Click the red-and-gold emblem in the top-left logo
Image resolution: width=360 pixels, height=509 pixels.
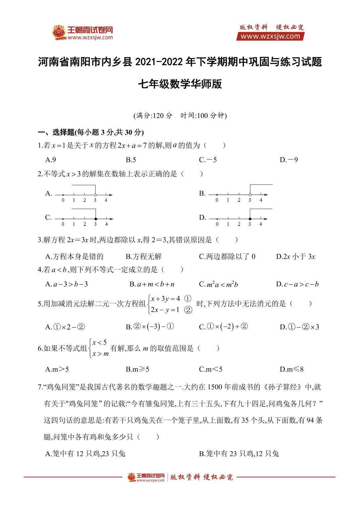tap(59, 32)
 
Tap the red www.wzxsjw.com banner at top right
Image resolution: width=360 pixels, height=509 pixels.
tap(270, 36)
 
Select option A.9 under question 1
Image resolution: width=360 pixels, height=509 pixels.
tap(51, 160)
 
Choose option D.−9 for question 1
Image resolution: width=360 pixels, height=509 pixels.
tap(289, 160)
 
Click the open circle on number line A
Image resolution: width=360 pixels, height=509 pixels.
tap(95, 195)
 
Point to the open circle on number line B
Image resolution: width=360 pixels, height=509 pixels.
tap(250, 195)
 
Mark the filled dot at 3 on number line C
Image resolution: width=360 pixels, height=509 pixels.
tap(96, 219)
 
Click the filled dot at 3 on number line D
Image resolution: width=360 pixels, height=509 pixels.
tap(250, 219)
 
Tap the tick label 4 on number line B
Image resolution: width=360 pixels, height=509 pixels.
tap(261, 200)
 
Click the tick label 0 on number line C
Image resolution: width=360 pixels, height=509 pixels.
tap(63, 224)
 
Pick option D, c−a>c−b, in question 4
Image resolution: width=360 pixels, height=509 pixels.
tap(297, 284)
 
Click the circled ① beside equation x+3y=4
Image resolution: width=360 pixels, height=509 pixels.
tap(188, 298)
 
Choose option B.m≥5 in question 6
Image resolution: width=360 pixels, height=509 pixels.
tap(137, 369)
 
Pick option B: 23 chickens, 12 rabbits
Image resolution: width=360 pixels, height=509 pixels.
tap(239, 454)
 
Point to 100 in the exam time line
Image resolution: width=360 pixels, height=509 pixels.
tap(203, 116)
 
